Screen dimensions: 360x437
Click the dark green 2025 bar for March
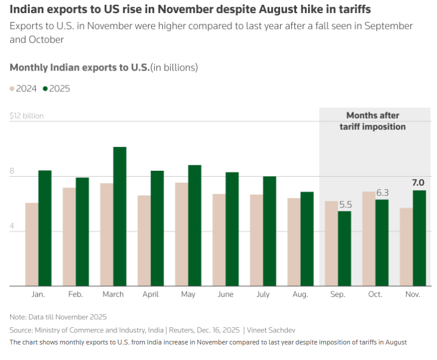click(x=119, y=216)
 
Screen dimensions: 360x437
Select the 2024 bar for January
click(x=32, y=244)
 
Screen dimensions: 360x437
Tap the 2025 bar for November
click(x=419, y=238)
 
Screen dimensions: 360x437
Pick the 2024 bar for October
click(x=368, y=239)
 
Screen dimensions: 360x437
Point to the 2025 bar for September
click(x=344, y=248)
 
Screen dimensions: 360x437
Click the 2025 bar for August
click(x=307, y=239)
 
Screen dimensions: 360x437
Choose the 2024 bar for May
click(x=181, y=234)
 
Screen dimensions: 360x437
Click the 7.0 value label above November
click(x=418, y=183)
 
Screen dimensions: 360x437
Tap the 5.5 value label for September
click(x=345, y=204)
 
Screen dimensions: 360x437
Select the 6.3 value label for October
click(x=382, y=192)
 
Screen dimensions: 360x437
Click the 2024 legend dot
click(x=12, y=89)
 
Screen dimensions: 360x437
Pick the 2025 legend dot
click(x=45, y=89)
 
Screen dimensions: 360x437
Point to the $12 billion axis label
click(x=27, y=116)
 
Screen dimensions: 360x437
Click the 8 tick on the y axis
click(x=12, y=170)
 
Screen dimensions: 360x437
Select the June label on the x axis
click(x=226, y=294)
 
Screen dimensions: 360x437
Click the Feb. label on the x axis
click(x=76, y=294)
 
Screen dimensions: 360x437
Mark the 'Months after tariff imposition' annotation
click(x=373, y=121)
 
